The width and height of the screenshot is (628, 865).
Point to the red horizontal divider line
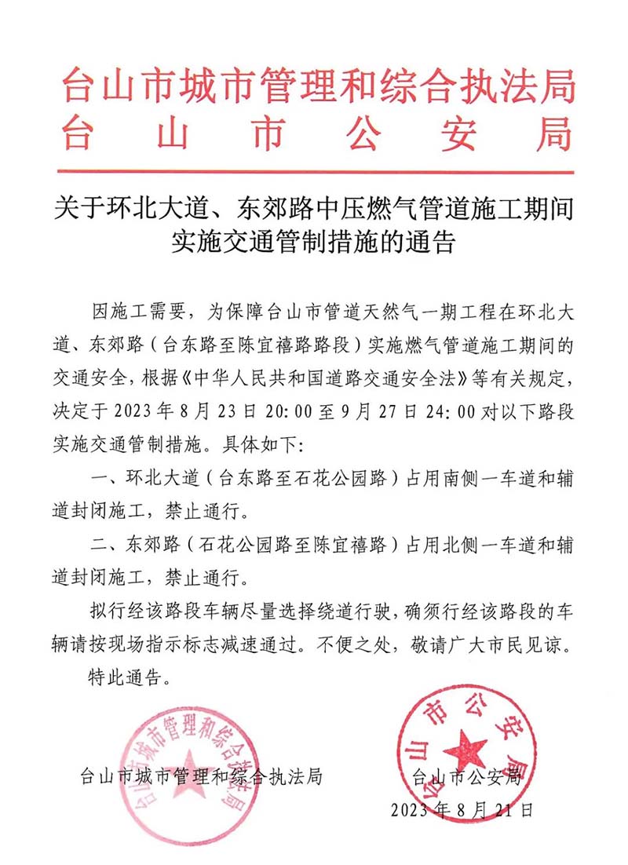point(314,172)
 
